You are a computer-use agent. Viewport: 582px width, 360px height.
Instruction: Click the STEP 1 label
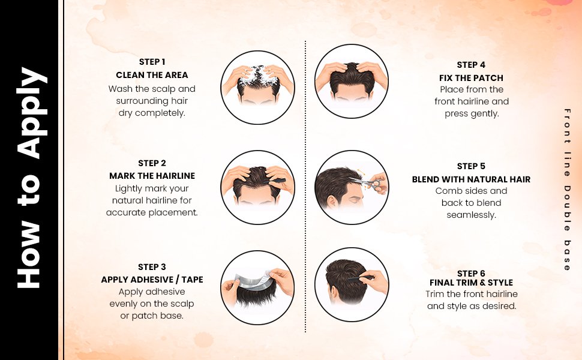pos(152,62)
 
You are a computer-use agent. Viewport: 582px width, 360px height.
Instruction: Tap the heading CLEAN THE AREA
pos(152,75)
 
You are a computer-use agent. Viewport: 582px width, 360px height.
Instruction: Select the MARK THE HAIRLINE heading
pos(152,176)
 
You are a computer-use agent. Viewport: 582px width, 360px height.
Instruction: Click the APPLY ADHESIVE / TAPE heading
pos(152,280)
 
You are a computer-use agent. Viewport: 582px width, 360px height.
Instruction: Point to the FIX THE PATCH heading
pos(471,78)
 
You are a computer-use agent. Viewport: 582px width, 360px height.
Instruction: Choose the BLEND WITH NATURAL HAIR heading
pos(471,179)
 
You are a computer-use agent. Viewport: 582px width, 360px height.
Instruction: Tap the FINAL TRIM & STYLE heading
pos(471,283)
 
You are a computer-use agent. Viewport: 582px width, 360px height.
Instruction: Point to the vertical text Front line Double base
pos(567,190)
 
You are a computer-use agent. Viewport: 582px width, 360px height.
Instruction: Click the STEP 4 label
pos(471,65)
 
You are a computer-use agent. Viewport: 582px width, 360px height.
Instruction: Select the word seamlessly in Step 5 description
pos(471,215)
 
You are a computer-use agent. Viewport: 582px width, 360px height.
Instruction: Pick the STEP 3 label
pos(152,267)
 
